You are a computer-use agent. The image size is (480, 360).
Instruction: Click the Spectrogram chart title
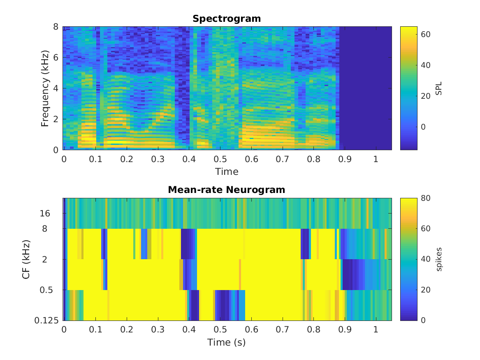pyautogui.click(x=227, y=19)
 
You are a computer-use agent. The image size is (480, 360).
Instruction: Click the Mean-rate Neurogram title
pyautogui.click(x=227, y=190)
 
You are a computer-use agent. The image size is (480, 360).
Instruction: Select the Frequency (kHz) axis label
pyautogui.click(x=45, y=88)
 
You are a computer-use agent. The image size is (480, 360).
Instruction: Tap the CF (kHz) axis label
pyautogui.click(x=26, y=259)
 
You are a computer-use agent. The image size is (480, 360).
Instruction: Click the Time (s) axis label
pyautogui.click(x=227, y=342)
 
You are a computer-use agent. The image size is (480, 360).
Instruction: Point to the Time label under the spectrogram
pyautogui.click(x=227, y=171)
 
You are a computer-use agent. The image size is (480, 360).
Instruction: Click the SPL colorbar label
pyautogui.click(x=439, y=88)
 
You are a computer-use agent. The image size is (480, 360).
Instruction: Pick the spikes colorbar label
pyautogui.click(x=439, y=259)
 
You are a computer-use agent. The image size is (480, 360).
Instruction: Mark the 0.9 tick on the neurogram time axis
pyautogui.click(x=345, y=330)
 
